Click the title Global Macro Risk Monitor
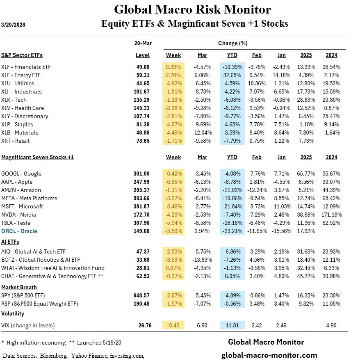(192, 9)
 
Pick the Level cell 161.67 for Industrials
(142, 91)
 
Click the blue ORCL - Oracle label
(19, 231)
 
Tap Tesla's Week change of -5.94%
(173, 223)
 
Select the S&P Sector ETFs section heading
(22, 55)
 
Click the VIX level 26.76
(145, 325)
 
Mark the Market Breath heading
(19, 287)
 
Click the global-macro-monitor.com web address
(269, 355)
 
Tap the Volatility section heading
(13, 313)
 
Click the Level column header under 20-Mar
(143, 55)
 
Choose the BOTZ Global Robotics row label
(41, 260)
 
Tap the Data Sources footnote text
(73, 355)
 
